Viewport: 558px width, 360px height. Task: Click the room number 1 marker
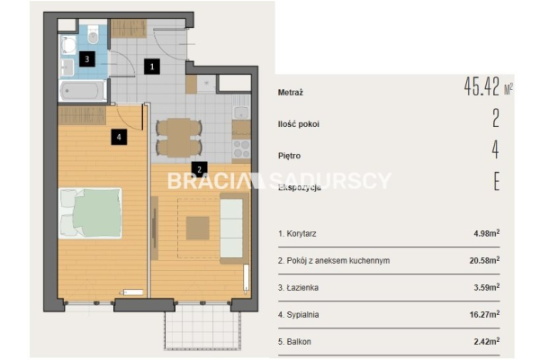click(152, 67)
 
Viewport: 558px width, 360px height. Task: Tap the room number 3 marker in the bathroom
click(86, 59)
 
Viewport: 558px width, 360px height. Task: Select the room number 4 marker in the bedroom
click(119, 137)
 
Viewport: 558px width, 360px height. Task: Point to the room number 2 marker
click(199, 170)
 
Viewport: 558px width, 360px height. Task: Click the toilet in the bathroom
click(93, 34)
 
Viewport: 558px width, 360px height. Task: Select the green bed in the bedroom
click(90, 213)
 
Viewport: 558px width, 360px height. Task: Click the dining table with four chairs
click(179, 138)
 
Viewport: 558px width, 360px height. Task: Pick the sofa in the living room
click(233, 228)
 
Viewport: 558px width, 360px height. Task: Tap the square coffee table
click(197, 228)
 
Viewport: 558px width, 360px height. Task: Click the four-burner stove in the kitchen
click(241, 149)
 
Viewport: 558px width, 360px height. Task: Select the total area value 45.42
click(481, 86)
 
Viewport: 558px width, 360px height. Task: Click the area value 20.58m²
click(484, 260)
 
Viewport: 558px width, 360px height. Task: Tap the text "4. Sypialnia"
click(298, 315)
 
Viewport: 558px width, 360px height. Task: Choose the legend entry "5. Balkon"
click(294, 342)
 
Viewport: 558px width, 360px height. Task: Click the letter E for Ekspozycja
click(497, 181)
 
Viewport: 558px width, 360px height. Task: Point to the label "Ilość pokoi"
click(299, 124)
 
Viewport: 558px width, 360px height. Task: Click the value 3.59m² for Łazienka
click(487, 287)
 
